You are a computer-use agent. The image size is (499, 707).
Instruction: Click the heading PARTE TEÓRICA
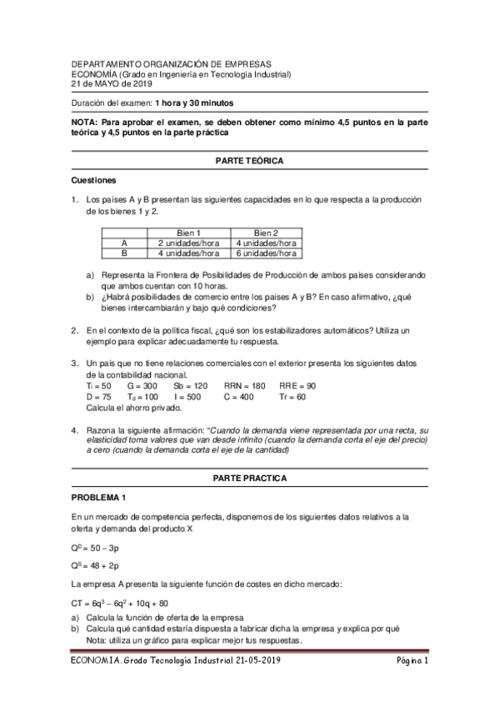(249, 159)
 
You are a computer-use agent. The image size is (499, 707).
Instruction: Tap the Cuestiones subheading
(94, 179)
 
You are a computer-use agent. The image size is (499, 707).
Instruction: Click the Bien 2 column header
(266, 233)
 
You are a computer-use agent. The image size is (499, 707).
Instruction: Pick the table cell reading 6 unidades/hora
(266, 253)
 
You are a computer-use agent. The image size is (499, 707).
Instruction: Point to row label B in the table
(124, 253)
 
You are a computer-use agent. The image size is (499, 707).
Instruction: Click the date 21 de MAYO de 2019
(113, 83)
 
